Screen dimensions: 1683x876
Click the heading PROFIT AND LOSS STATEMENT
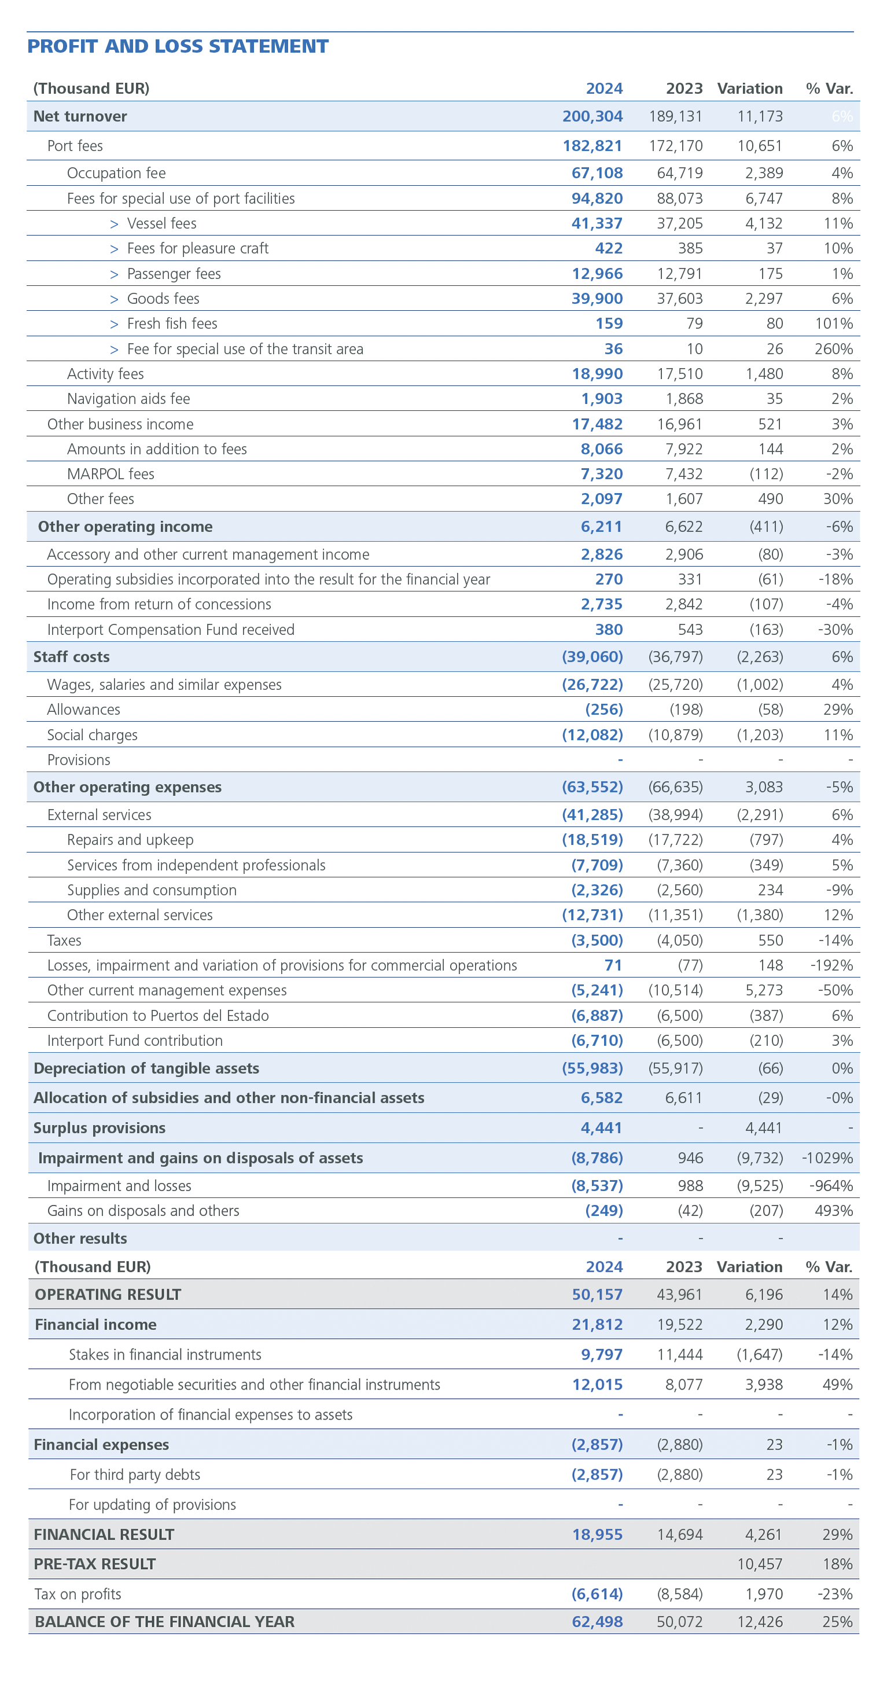178,46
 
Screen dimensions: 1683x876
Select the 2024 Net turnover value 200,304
592,116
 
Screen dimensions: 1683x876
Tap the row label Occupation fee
116,173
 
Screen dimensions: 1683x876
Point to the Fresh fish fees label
172,324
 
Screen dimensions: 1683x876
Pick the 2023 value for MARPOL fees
679,473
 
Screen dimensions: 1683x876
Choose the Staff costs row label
71,657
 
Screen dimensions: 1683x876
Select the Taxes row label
64,940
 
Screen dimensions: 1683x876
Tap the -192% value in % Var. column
831,965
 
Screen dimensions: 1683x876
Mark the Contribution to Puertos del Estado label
157,1015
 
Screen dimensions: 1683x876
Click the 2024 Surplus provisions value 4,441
601,1127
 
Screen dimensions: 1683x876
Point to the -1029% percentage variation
827,1157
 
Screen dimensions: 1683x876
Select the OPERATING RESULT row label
108,1294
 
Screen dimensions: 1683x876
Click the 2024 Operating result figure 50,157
597,1294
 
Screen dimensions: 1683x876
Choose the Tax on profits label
78,1594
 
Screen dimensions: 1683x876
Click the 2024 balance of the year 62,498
597,1622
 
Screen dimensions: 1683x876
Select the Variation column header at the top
749,88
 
